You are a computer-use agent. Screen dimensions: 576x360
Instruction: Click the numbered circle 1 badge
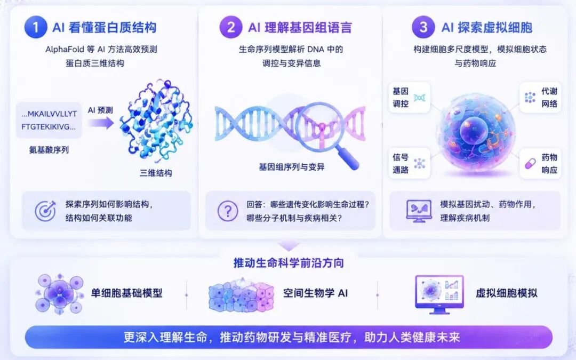tap(36, 27)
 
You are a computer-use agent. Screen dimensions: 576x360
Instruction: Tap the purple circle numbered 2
tap(231, 27)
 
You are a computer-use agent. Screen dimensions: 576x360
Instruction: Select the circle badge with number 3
tap(423, 27)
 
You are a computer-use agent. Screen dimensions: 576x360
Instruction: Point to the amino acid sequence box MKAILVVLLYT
tap(49, 120)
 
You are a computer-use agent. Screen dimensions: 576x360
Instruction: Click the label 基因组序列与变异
tap(292, 167)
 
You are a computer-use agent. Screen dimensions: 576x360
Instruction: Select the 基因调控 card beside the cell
tap(409, 98)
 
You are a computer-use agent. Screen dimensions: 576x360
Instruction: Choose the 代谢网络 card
tap(540, 98)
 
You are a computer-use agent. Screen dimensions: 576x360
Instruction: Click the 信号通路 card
tap(409, 164)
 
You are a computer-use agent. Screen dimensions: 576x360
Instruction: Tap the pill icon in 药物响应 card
tap(530, 164)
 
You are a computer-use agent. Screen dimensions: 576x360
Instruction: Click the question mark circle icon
tap(228, 211)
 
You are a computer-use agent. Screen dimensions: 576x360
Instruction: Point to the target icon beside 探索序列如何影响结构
tap(45, 211)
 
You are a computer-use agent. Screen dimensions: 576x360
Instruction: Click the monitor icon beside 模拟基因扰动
tap(419, 211)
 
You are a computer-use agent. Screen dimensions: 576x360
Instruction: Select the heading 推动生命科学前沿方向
tap(289, 263)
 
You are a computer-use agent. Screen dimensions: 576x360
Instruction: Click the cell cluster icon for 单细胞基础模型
tap(60, 294)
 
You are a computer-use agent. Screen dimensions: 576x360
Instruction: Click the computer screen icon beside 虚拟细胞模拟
tap(439, 294)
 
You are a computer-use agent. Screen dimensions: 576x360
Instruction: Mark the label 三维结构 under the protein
tap(156, 173)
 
